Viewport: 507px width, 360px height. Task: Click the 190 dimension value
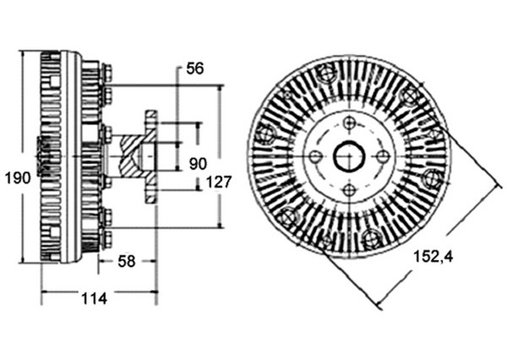(x=18, y=178)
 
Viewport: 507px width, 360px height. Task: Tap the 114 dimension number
(x=94, y=298)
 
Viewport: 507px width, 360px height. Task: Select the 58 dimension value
(x=127, y=261)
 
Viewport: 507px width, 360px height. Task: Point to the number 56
(x=195, y=68)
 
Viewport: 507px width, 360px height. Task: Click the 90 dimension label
(x=198, y=164)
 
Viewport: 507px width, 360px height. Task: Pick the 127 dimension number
(x=219, y=182)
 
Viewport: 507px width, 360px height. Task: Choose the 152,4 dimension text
(x=433, y=257)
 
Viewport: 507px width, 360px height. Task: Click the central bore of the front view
(x=349, y=157)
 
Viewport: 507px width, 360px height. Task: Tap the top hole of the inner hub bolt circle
(x=349, y=123)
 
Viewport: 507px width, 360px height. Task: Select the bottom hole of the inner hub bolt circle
(x=349, y=190)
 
